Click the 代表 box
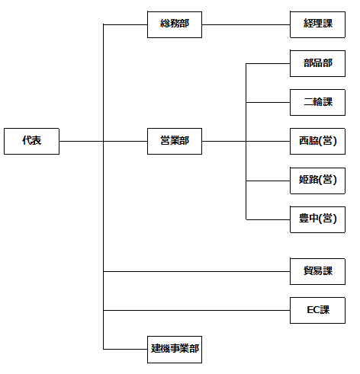(31, 141)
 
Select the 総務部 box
(175, 24)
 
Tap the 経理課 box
(317, 24)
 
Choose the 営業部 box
(175, 141)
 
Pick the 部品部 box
(317, 63)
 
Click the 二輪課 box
(317, 102)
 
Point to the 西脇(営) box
(317, 141)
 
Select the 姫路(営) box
(317, 181)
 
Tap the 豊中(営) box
(317, 219)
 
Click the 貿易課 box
(317, 271)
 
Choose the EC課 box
(317, 310)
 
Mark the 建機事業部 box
(175, 349)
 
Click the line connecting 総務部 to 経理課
(246, 24)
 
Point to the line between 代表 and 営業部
(103, 141)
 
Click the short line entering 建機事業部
(125, 349)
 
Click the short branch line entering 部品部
(268, 63)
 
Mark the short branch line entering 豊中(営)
(268, 219)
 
